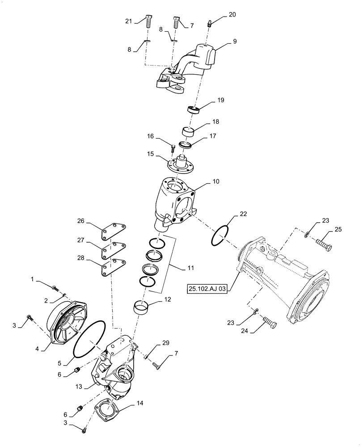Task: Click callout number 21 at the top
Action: (x=129, y=21)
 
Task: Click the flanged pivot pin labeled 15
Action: (x=181, y=165)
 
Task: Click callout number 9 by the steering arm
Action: (x=235, y=42)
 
